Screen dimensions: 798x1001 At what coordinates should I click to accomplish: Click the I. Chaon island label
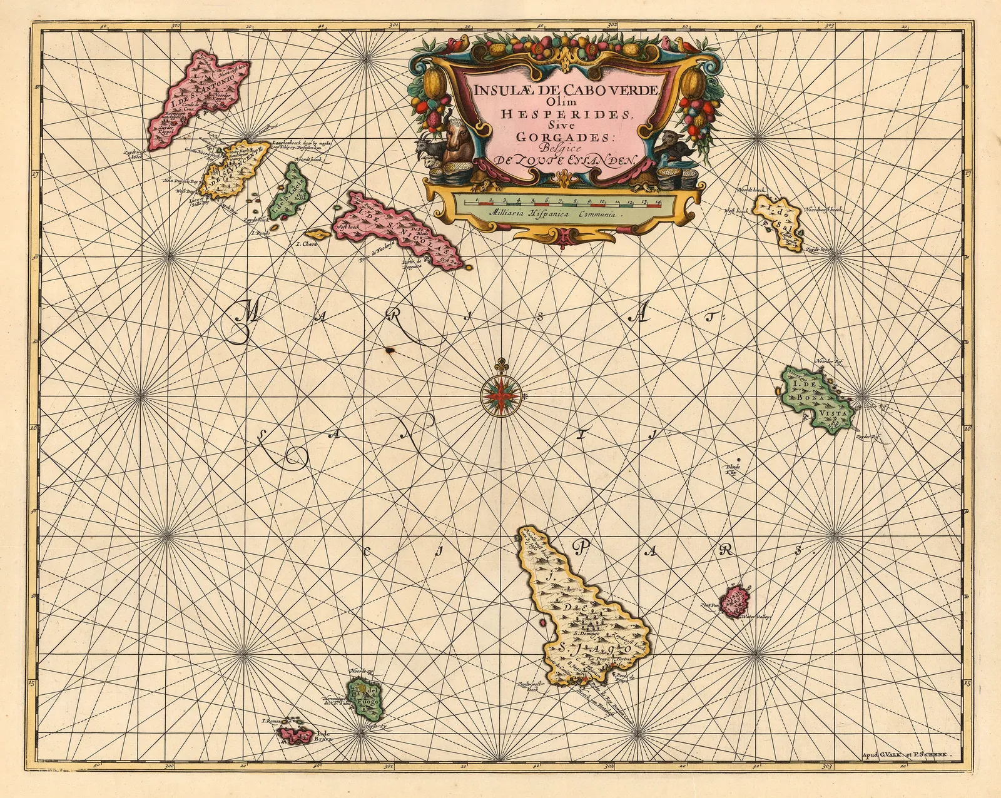(x=307, y=245)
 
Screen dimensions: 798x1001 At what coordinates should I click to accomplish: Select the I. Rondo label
(x=259, y=233)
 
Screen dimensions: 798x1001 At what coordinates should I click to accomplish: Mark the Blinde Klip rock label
(x=733, y=470)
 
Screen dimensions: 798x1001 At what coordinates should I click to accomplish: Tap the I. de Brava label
(x=323, y=736)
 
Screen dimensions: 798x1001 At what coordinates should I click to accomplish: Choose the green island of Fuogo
(x=365, y=701)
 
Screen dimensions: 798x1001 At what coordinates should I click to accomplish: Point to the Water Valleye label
(x=756, y=617)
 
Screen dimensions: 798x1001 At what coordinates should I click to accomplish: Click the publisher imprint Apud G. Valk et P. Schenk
(x=906, y=755)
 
